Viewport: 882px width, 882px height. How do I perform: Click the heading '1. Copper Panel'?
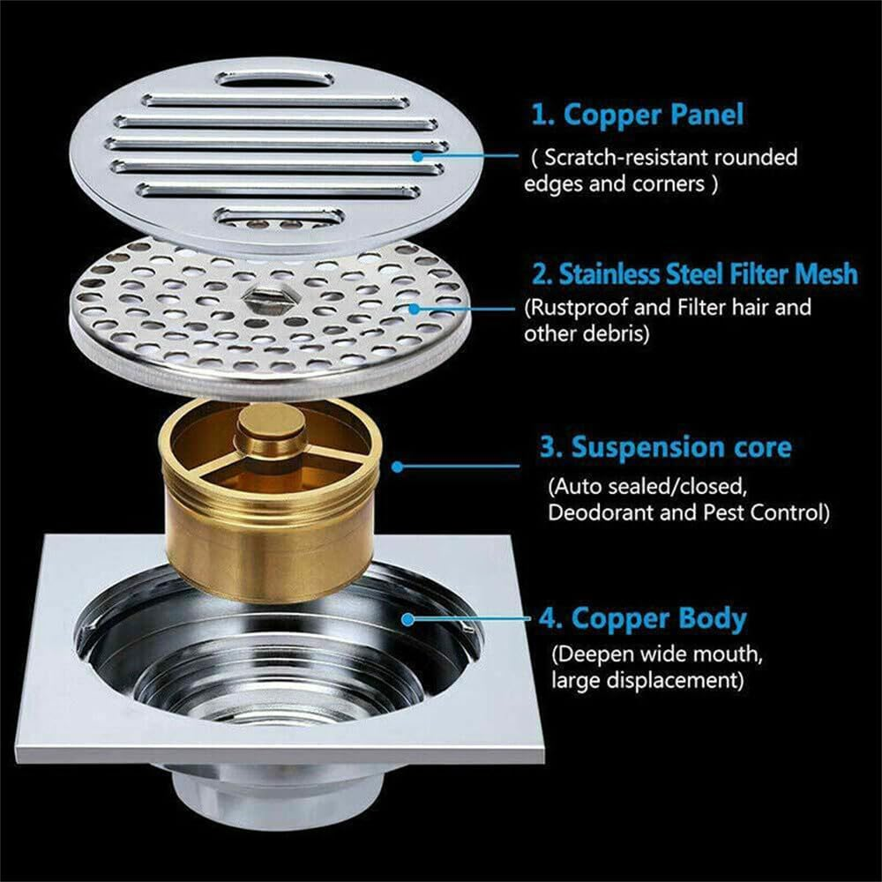pos(637,115)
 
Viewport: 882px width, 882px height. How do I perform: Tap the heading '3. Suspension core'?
pos(665,447)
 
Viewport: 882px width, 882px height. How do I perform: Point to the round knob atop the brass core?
pos(267,436)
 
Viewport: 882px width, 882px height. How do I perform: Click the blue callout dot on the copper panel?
pos(421,155)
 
